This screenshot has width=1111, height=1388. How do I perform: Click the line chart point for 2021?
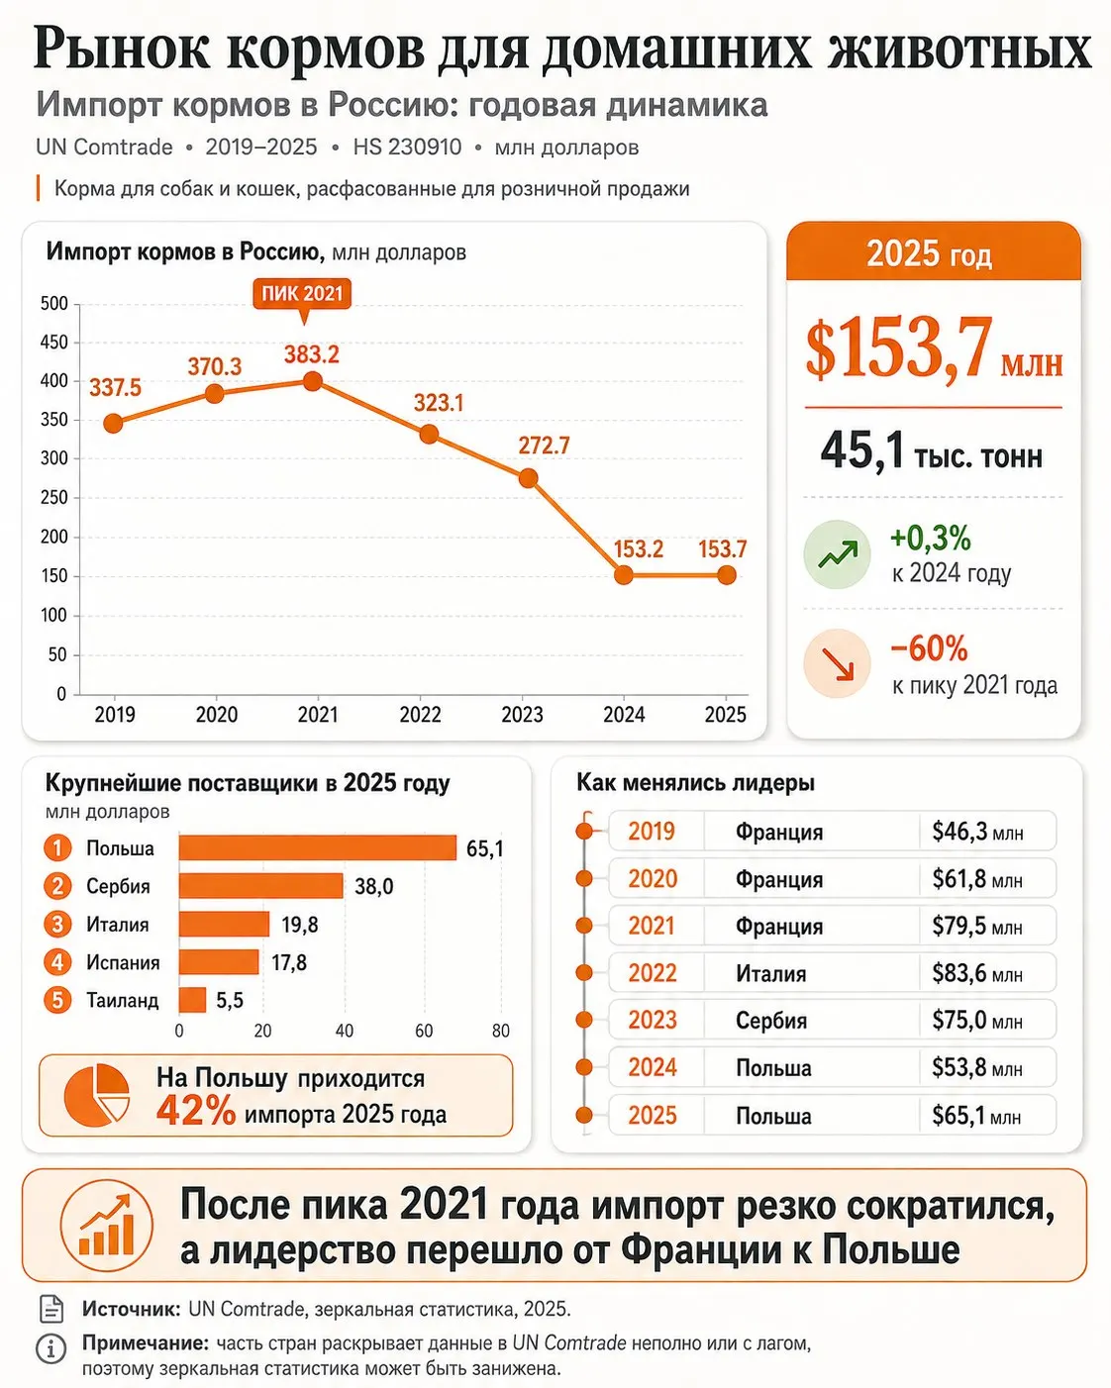[x=312, y=381]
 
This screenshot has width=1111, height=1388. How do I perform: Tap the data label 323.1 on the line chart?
[x=438, y=403]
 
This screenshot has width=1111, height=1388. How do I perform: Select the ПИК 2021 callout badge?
[x=302, y=293]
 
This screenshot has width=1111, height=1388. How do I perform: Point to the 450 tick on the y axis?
[x=53, y=342]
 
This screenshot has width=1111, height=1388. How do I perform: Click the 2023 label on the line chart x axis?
[x=522, y=715]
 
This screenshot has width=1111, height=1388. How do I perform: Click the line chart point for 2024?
[x=623, y=574]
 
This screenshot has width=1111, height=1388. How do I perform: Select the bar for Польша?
[x=318, y=848]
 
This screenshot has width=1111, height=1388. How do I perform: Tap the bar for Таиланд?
[x=192, y=1000]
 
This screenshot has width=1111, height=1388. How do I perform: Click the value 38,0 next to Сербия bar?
[x=373, y=886]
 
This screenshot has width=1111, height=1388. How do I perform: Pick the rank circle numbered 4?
[x=57, y=962]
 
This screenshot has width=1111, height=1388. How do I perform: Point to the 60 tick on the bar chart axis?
[x=423, y=1031]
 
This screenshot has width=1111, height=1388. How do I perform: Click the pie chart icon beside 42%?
[x=97, y=1095]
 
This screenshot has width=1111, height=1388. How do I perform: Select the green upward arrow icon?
[x=837, y=554]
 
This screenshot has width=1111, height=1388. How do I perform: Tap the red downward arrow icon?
[x=837, y=663]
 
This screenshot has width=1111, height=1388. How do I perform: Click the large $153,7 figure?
[x=899, y=348]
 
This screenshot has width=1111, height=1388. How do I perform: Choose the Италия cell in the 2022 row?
[x=771, y=973]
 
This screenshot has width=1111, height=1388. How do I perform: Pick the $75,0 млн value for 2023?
[x=976, y=1021]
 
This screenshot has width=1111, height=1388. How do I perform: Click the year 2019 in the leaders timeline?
[x=652, y=832]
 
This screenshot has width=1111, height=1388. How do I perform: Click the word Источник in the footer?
[x=132, y=1309]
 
